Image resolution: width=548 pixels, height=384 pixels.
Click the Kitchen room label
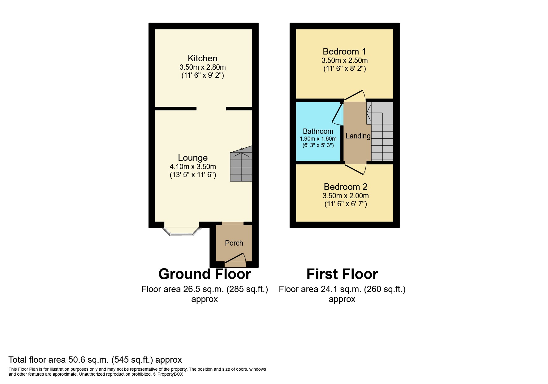pos(202,58)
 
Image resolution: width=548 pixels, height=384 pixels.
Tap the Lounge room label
pos(192,158)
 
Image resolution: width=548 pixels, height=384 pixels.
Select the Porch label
pos(234,243)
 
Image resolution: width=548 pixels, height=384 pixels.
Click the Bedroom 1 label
pos(344,51)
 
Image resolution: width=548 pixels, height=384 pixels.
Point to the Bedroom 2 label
pos(345,187)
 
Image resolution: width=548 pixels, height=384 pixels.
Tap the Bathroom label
pos(318,131)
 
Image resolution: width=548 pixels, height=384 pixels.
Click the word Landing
pos(358,136)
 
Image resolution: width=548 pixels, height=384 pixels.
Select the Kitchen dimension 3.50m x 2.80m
pos(202,67)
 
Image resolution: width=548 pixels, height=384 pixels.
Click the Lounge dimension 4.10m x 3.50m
pos(192,167)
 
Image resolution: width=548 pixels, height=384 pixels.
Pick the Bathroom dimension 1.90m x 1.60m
pos(318,139)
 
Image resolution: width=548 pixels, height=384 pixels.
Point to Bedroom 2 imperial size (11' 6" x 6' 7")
pos(346,204)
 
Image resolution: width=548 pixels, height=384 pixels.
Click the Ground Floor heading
pos(205,274)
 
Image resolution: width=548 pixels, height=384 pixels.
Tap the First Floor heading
pos(342,274)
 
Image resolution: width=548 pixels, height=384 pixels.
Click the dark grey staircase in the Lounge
pos(241,164)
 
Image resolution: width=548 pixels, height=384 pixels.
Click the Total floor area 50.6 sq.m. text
pos(95,360)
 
